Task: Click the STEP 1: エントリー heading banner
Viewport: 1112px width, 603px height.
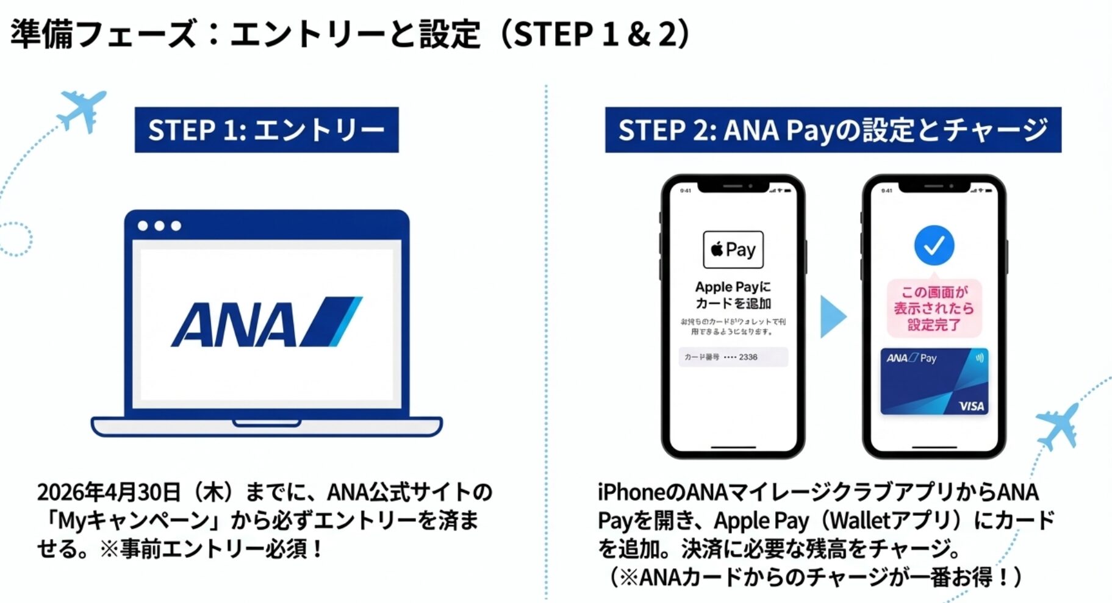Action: click(x=267, y=130)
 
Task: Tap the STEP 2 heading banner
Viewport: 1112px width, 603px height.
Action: click(x=833, y=130)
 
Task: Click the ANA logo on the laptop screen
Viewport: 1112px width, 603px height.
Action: click(x=267, y=322)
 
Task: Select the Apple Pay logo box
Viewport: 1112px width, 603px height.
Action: click(x=733, y=249)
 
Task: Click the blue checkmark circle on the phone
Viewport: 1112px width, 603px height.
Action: click(x=933, y=245)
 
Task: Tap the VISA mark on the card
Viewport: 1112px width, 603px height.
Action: click(x=971, y=406)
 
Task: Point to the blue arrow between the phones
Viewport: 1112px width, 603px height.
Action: click(x=832, y=316)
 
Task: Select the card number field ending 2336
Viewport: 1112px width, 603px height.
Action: click(x=733, y=357)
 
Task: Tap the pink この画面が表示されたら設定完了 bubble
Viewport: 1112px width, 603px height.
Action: click(x=933, y=309)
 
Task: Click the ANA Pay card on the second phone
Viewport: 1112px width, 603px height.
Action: click(x=933, y=382)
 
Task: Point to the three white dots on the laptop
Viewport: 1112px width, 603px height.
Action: click(x=159, y=226)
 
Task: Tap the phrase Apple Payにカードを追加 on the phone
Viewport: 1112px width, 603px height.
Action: click(x=733, y=295)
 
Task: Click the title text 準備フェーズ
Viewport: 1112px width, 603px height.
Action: click(x=104, y=34)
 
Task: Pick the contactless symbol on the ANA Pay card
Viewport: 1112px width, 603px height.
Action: click(x=979, y=359)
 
